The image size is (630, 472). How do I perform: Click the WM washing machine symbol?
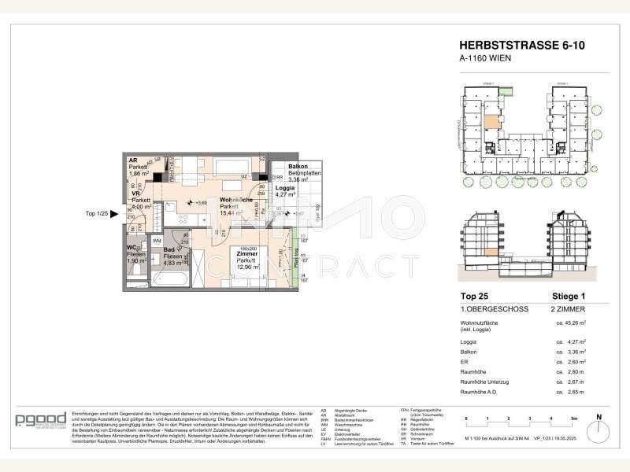coord(157,240)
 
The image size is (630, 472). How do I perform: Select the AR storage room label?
coord(133,159)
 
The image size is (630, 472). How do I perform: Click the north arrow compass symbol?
coord(598,425)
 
